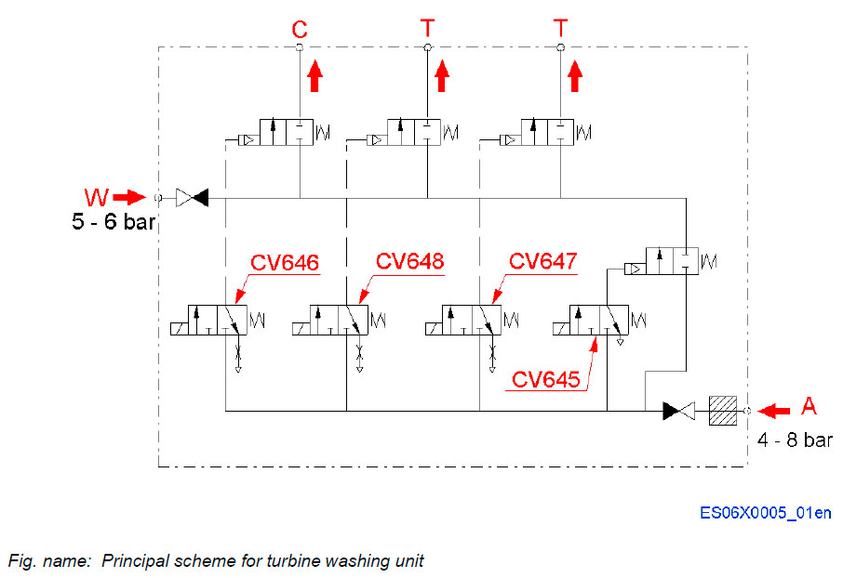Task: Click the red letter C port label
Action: click(300, 28)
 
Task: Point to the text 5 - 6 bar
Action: click(112, 223)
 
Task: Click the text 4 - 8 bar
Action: click(794, 440)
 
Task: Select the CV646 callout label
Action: click(284, 263)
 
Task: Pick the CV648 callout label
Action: click(409, 260)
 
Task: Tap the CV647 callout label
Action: click(543, 261)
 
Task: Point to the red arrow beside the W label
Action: click(132, 197)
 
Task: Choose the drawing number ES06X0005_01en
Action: click(767, 513)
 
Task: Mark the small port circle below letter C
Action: click(300, 47)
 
